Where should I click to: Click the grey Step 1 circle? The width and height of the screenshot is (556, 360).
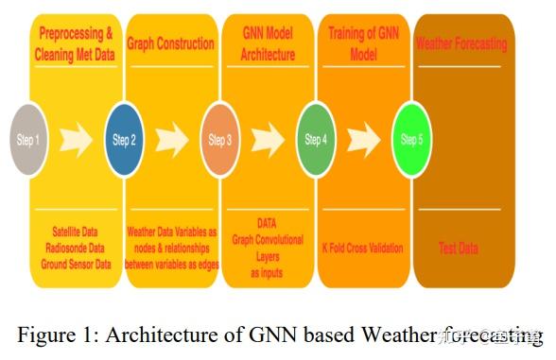[x=29, y=140]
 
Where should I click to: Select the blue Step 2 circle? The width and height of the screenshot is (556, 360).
[x=124, y=140]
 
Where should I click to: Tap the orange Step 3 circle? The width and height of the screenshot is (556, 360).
[x=219, y=140]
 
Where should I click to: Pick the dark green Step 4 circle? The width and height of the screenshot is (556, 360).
[x=315, y=140]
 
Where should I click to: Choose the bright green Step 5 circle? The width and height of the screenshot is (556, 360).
[x=411, y=140]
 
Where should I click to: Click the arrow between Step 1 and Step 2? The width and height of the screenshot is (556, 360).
[x=75, y=141]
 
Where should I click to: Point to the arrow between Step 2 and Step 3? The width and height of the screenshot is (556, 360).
[x=171, y=141]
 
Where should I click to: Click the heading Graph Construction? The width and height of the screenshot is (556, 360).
[x=171, y=43]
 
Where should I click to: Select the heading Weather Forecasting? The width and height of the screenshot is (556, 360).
[x=461, y=43]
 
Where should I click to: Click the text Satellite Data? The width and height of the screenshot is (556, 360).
[x=77, y=231]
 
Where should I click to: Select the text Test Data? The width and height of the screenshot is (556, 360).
[x=459, y=249]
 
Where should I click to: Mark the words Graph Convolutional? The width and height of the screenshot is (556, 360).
[x=267, y=240]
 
